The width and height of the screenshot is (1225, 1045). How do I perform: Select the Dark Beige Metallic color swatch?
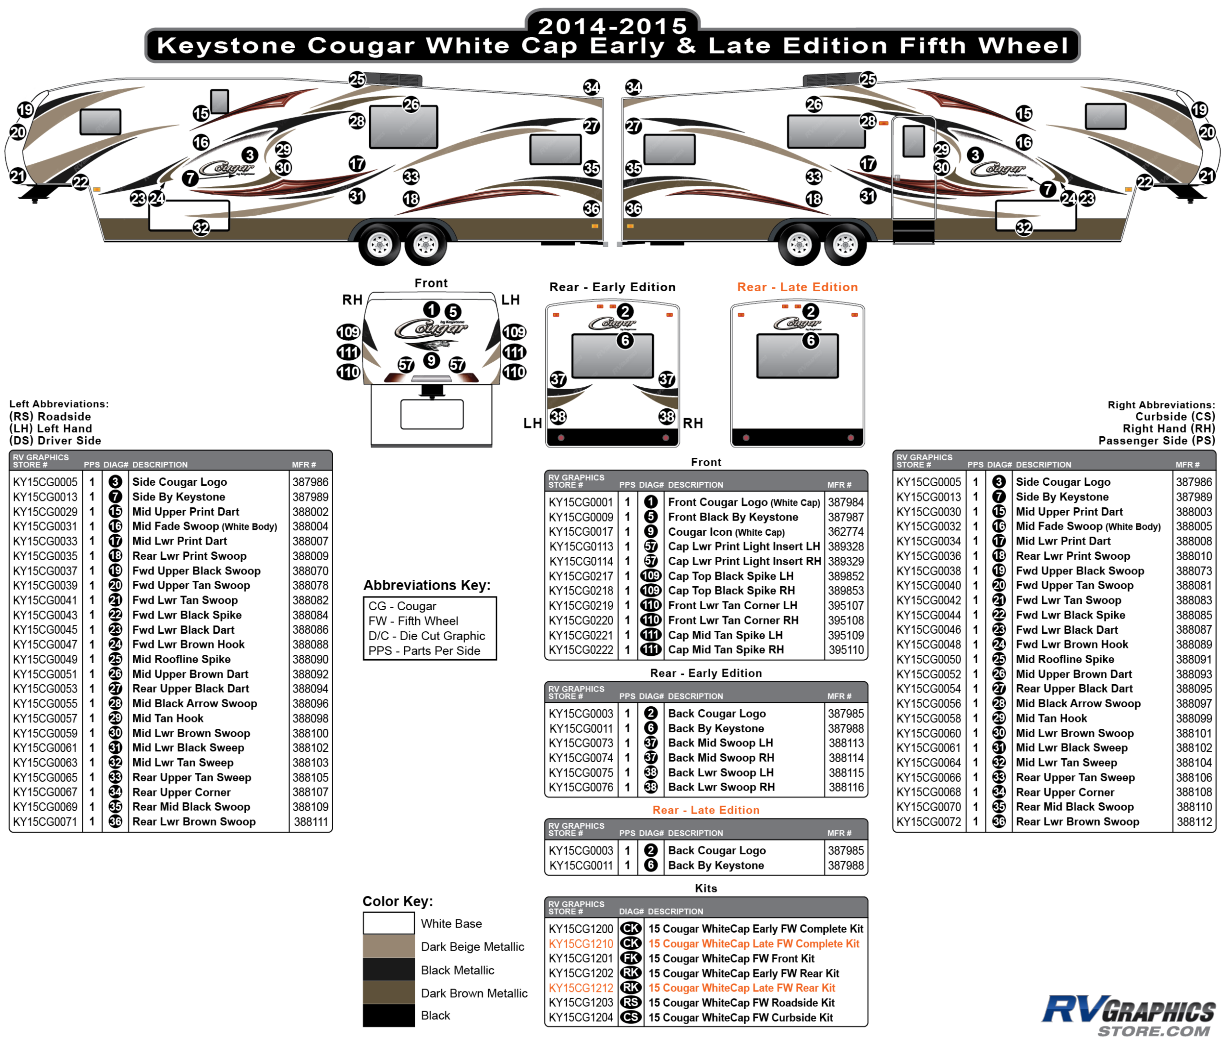pos(389,946)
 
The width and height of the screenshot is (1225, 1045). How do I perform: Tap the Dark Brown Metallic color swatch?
pos(389,993)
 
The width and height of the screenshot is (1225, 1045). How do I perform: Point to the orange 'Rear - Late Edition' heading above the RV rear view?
pos(797,287)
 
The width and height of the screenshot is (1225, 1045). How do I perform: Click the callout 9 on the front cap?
pos(432,360)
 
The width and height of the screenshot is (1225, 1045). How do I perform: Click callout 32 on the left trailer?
pos(201,228)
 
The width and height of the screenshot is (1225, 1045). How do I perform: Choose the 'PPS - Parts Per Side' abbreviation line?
pos(424,650)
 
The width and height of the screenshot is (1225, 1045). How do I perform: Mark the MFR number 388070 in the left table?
pos(310,571)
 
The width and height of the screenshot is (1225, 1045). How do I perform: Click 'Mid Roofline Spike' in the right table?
pos(1065,659)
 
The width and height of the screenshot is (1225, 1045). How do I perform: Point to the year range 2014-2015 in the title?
pos(612,26)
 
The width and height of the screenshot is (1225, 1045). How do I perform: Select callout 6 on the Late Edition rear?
pos(810,341)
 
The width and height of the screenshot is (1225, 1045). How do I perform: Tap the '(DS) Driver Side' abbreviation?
pos(55,441)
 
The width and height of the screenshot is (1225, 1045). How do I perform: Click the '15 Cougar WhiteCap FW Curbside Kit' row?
pos(740,1018)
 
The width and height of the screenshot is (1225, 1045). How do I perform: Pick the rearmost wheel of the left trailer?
pos(426,244)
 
